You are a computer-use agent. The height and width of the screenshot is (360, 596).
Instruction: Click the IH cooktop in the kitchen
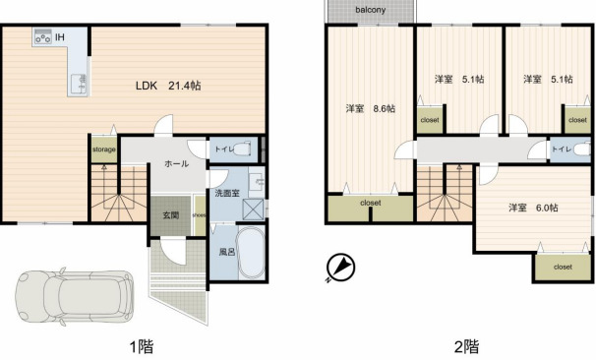click(42, 36)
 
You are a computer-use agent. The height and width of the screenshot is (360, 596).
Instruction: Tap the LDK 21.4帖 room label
click(168, 86)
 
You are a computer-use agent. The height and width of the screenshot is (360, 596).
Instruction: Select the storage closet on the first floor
click(104, 150)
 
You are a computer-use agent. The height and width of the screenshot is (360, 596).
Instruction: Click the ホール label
click(176, 164)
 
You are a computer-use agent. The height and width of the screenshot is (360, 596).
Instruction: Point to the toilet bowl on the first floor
click(242, 149)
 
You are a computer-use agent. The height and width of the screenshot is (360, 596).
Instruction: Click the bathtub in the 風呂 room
click(251, 253)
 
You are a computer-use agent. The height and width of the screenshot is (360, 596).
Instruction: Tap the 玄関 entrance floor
click(171, 215)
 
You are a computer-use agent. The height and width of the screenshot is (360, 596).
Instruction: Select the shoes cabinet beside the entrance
click(200, 215)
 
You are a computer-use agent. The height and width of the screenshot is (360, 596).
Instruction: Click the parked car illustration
click(75, 296)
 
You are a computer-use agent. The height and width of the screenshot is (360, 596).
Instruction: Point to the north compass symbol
click(340, 268)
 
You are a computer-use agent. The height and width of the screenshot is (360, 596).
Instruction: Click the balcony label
click(370, 10)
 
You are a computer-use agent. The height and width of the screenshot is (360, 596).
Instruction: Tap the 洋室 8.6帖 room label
click(370, 109)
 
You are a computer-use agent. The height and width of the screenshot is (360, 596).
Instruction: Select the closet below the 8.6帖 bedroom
click(371, 208)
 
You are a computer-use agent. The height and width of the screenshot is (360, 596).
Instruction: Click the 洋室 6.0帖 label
click(533, 208)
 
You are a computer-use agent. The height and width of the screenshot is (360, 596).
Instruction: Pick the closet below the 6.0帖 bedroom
click(563, 267)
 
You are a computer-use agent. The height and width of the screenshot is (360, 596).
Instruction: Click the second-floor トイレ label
click(562, 150)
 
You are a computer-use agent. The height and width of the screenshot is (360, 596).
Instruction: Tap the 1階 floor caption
click(142, 346)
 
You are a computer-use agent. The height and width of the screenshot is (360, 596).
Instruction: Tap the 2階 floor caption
click(467, 346)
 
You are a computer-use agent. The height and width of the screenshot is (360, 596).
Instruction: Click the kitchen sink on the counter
click(79, 85)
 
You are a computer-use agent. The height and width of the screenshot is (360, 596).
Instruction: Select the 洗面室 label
click(227, 193)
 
